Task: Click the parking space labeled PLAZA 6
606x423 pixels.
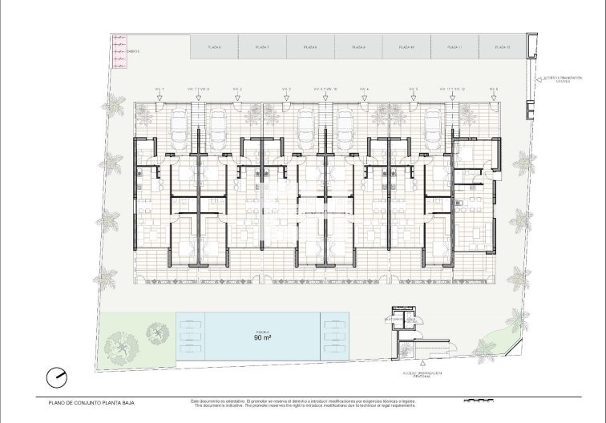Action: [214, 48]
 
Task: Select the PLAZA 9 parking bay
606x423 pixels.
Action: [358, 48]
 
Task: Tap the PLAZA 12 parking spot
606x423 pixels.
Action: [503, 48]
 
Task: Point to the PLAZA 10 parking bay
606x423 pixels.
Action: [406, 48]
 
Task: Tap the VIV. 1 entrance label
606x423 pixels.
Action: [160, 88]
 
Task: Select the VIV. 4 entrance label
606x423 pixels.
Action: [364, 88]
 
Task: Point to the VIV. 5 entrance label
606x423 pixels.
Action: [412, 88]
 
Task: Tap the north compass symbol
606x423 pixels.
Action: [56, 377]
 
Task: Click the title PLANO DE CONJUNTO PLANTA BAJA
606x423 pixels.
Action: [83, 403]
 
